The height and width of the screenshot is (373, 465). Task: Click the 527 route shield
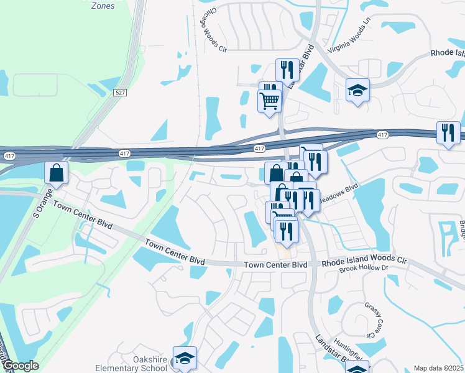tap(120, 92)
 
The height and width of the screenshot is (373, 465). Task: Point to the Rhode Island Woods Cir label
tap(364, 263)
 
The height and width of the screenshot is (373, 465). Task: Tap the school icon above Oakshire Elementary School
tap(185, 357)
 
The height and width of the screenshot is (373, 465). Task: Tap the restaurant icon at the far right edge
tap(448, 132)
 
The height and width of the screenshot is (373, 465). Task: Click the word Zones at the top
tap(103, 6)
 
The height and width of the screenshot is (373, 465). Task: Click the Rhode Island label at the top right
tap(447, 53)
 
